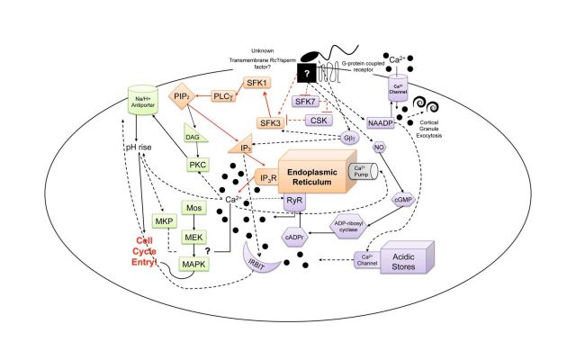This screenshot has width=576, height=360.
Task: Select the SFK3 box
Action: pos(271,121)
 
